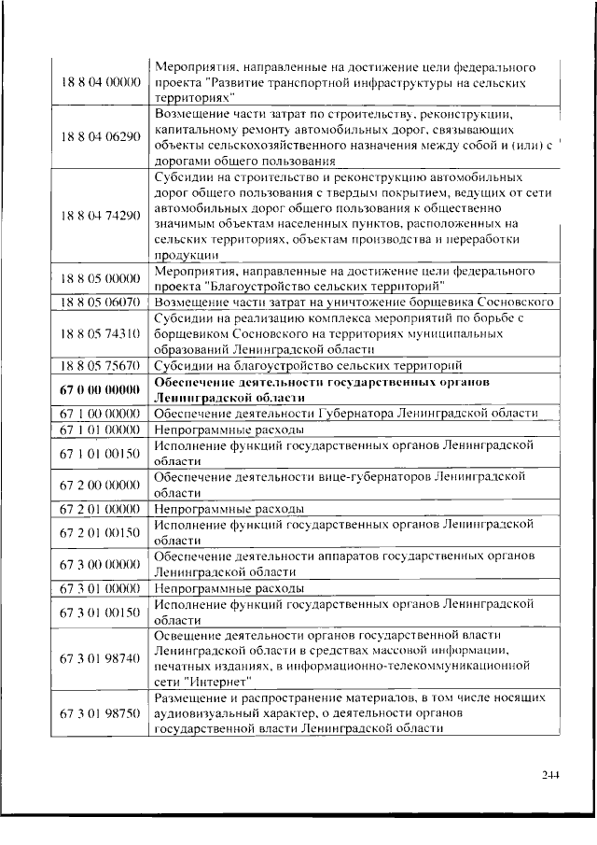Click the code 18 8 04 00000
point(101,83)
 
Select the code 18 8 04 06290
point(101,136)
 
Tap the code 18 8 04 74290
point(101,215)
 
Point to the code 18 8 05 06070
point(101,303)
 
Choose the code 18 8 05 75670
point(101,366)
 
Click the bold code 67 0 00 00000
point(101,389)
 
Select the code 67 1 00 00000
point(101,414)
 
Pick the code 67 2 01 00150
point(101,532)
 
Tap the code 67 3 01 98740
point(101,658)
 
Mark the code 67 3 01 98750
point(101,713)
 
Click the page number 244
point(550,774)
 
